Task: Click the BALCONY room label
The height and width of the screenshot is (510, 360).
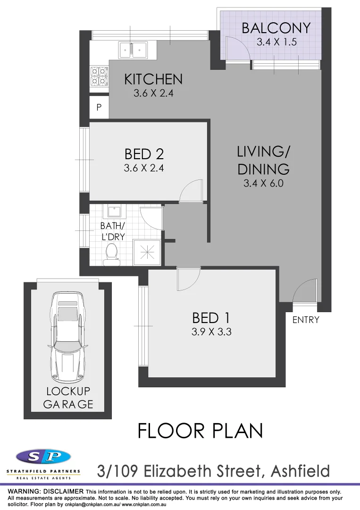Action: point(276,28)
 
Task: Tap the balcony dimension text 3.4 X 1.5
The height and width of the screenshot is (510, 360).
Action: point(276,42)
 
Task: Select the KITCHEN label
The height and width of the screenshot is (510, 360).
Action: point(153,79)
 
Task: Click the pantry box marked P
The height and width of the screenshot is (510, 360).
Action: point(99,108)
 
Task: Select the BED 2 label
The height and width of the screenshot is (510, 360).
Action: point(143,154)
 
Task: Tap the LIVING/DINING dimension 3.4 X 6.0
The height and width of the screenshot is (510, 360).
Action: point(263,183)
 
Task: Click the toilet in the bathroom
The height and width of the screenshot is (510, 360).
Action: point(112,252)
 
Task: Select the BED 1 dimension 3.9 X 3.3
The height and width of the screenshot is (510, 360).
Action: point(211,331)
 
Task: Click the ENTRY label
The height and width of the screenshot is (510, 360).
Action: point(306,320)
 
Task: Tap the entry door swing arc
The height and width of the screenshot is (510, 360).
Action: point(306,290)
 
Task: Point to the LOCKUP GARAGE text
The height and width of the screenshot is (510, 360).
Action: point(68,398)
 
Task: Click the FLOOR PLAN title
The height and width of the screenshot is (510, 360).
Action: point(200,431)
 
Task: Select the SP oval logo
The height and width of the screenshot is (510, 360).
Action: point(43,457)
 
